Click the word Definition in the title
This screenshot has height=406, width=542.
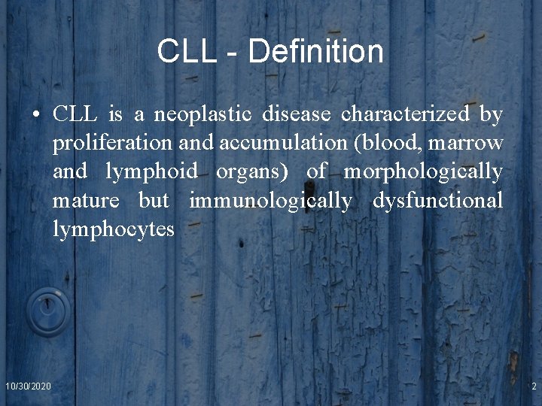315,52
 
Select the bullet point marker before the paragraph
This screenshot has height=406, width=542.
36,115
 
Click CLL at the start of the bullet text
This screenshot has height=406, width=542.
75,114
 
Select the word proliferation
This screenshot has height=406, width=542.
113,143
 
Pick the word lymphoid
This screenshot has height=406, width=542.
151,172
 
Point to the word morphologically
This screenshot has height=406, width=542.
423,172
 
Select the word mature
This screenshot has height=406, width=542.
86,201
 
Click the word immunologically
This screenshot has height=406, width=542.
270,201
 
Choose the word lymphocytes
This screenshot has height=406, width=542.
113,229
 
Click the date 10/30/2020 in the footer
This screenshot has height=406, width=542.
28,386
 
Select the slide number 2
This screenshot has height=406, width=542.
533,386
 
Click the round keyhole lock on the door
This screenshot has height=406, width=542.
47,311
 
